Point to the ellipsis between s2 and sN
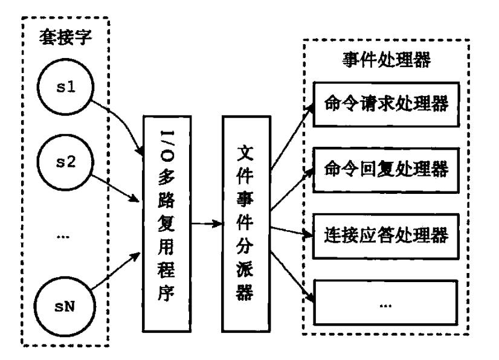tap(63, 237)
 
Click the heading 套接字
tap(66, 37)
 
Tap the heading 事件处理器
tap(387, 60)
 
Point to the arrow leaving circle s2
tap(115, 188)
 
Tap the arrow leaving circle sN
tap(116, 271)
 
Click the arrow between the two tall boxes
tap(207, 223)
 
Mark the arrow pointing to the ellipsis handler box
tap(292, 276)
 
